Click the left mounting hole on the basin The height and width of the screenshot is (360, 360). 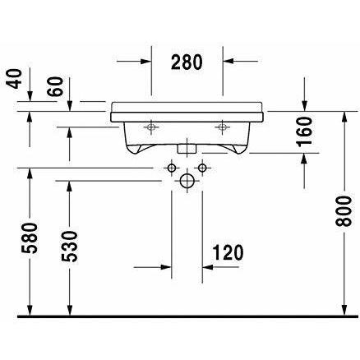pos(152,127)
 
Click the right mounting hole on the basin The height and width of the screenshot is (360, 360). pos(222,127)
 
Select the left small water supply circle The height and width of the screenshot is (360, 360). pos(171,168)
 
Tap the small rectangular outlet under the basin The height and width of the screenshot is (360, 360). pos(187,150)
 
